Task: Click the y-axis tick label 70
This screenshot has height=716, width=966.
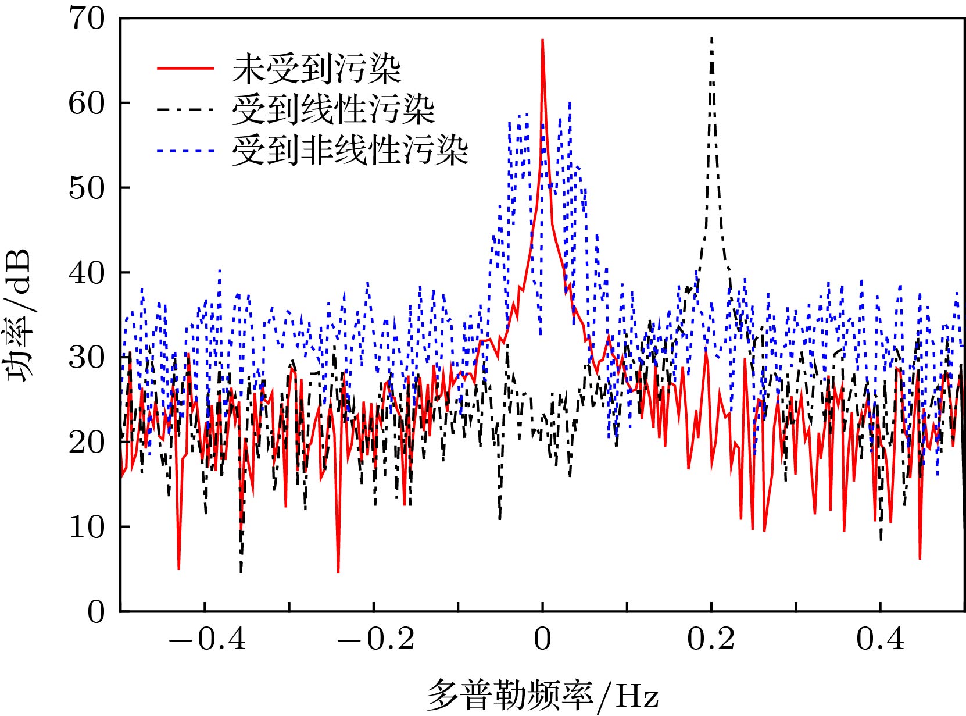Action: point(87,19)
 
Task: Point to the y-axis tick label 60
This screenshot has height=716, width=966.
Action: point(87,104)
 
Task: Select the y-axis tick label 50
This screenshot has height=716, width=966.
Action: point(87,188)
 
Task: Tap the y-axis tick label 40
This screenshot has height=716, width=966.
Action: point(87,273)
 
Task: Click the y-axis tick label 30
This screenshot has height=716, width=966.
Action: point(87,358)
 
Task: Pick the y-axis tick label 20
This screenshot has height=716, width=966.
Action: point(87,442)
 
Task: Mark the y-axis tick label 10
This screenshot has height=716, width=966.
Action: point(87,527)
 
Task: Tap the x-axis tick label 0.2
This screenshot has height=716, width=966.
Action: point(711,639)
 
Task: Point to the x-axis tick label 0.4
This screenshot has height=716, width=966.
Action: point(880,639)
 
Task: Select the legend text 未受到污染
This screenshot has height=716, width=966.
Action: point(317,69)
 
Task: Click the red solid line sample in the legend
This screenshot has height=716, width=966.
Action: point(185,69)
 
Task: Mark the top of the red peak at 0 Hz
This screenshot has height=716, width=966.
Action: point(542,40)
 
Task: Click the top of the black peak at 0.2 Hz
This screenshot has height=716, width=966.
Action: point(711,38)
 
